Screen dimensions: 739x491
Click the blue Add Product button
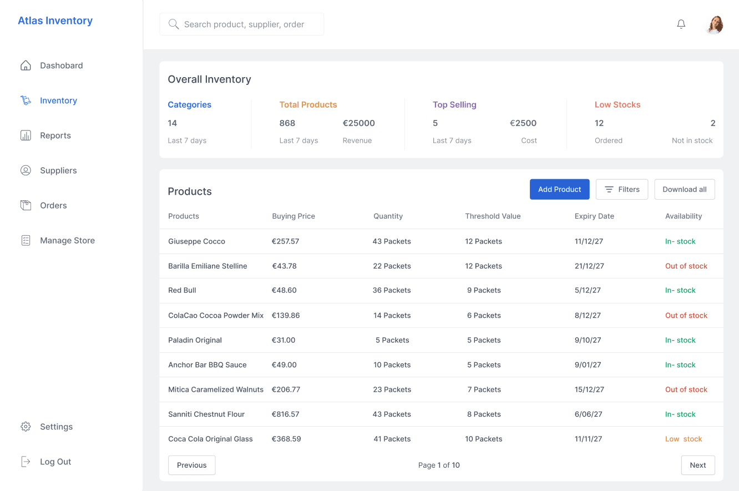pos(560,189)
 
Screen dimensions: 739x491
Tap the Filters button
pos(622,189)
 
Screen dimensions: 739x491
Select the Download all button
pos(685,189)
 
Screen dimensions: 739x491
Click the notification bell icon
pos(681,24)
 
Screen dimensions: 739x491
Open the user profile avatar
pos(714,24)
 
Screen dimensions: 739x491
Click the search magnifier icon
pos(174,24)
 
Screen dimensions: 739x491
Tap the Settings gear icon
pos(26,426)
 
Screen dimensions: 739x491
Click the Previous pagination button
pos(191,465)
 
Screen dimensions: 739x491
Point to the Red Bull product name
pos(182,290)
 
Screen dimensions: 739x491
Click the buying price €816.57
pos(285,414)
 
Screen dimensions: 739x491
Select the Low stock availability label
pos(684,439)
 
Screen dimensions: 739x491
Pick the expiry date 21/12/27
pos(589,266)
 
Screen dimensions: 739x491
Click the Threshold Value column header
pos(493,216)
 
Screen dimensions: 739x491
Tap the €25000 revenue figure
pos(358,123)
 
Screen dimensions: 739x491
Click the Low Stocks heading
pos(617,105)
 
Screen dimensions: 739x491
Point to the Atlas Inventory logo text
pos(55,21)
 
